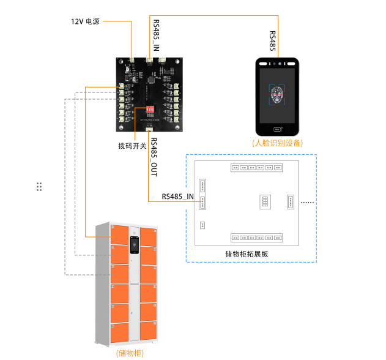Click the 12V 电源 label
pyautogui.click(x=85, y=21)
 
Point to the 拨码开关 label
pyautogui.click(x=132, y=146)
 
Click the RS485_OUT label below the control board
pyautogui.click(x=154, y=158)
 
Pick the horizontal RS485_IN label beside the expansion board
pyautogui.click(x=177, y=197)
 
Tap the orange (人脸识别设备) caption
pyautogui.click(x=278, y=143)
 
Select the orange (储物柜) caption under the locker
pyautogui.click(x=130, y=353)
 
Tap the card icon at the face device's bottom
pyautogui.click(x=278, y=129)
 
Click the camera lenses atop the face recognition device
pyautogui.click(x=278, y=62)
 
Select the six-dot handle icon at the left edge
pyautogui.click(x=39, y=187)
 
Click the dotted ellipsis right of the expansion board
pyautogui.click(x=308, y=202)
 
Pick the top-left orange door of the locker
pyautogui.click(x=120, y=233)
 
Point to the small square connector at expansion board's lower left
pyautogui.click(x=202, y=225)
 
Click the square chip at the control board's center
pyautogui.click(x=151, y=80)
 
